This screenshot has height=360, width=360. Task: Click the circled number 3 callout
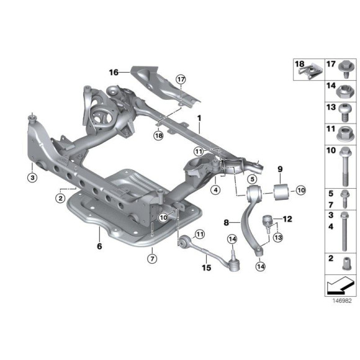pyautogui.click(x=32, y=178)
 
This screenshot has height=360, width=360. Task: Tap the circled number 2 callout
pyautogui.click(x=60, y=197)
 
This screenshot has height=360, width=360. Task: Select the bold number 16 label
pyautogui.click(x=114, y=73)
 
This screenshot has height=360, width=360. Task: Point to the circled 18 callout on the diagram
pyautogui.click(x=159, y=135)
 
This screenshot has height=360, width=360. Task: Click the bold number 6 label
pyautogui.click(x=99, y=246)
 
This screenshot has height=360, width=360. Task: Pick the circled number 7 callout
pyautogui.click(x=152, y=259)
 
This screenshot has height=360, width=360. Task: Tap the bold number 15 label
pyautogui.click(x=207, y=268)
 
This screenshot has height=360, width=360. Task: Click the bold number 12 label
pyautogui.click(x=287, y=219)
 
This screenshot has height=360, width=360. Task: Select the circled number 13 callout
pyautogui.click(x=278, y=237)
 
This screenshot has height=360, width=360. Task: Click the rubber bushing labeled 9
pyautogui.click(x=281, y=191)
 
